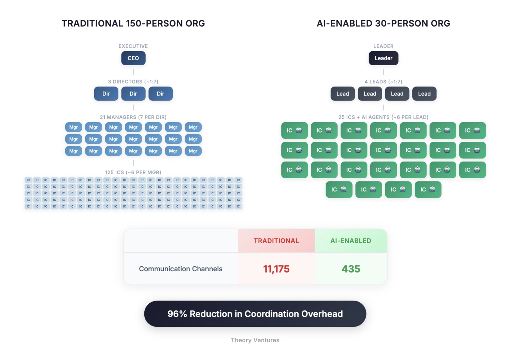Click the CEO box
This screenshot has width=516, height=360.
click(133, 58)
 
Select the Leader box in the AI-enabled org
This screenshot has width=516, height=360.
click(383, 58)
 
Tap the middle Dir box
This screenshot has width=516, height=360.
click(133, 94)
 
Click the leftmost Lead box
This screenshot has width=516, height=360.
click(343, 94)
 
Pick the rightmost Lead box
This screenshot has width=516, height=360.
click(424, 94)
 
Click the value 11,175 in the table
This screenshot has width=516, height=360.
click(276, 269)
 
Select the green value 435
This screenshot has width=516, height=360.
click(351, 269)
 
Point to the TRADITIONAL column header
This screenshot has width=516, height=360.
click(276, 241)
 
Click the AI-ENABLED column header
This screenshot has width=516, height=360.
click(351, 241)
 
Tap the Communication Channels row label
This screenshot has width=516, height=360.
click(181, 269)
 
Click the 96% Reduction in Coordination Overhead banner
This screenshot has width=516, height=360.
click(255, 314)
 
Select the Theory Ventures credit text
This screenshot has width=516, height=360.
click(255, 340)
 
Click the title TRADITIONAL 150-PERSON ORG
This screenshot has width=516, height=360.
click(133, 24)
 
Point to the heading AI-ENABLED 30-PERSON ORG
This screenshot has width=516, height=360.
click(383, 24)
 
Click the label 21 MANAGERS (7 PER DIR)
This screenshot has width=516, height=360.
click(133, 117)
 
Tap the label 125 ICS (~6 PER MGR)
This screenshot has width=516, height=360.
click(133, 172)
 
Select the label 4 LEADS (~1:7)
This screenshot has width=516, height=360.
click(383, 82)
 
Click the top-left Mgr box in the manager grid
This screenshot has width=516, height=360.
click(73, 127)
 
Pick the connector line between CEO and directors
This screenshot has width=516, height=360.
click(133, 72)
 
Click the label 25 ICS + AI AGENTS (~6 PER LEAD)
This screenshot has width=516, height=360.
click(383, 117)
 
